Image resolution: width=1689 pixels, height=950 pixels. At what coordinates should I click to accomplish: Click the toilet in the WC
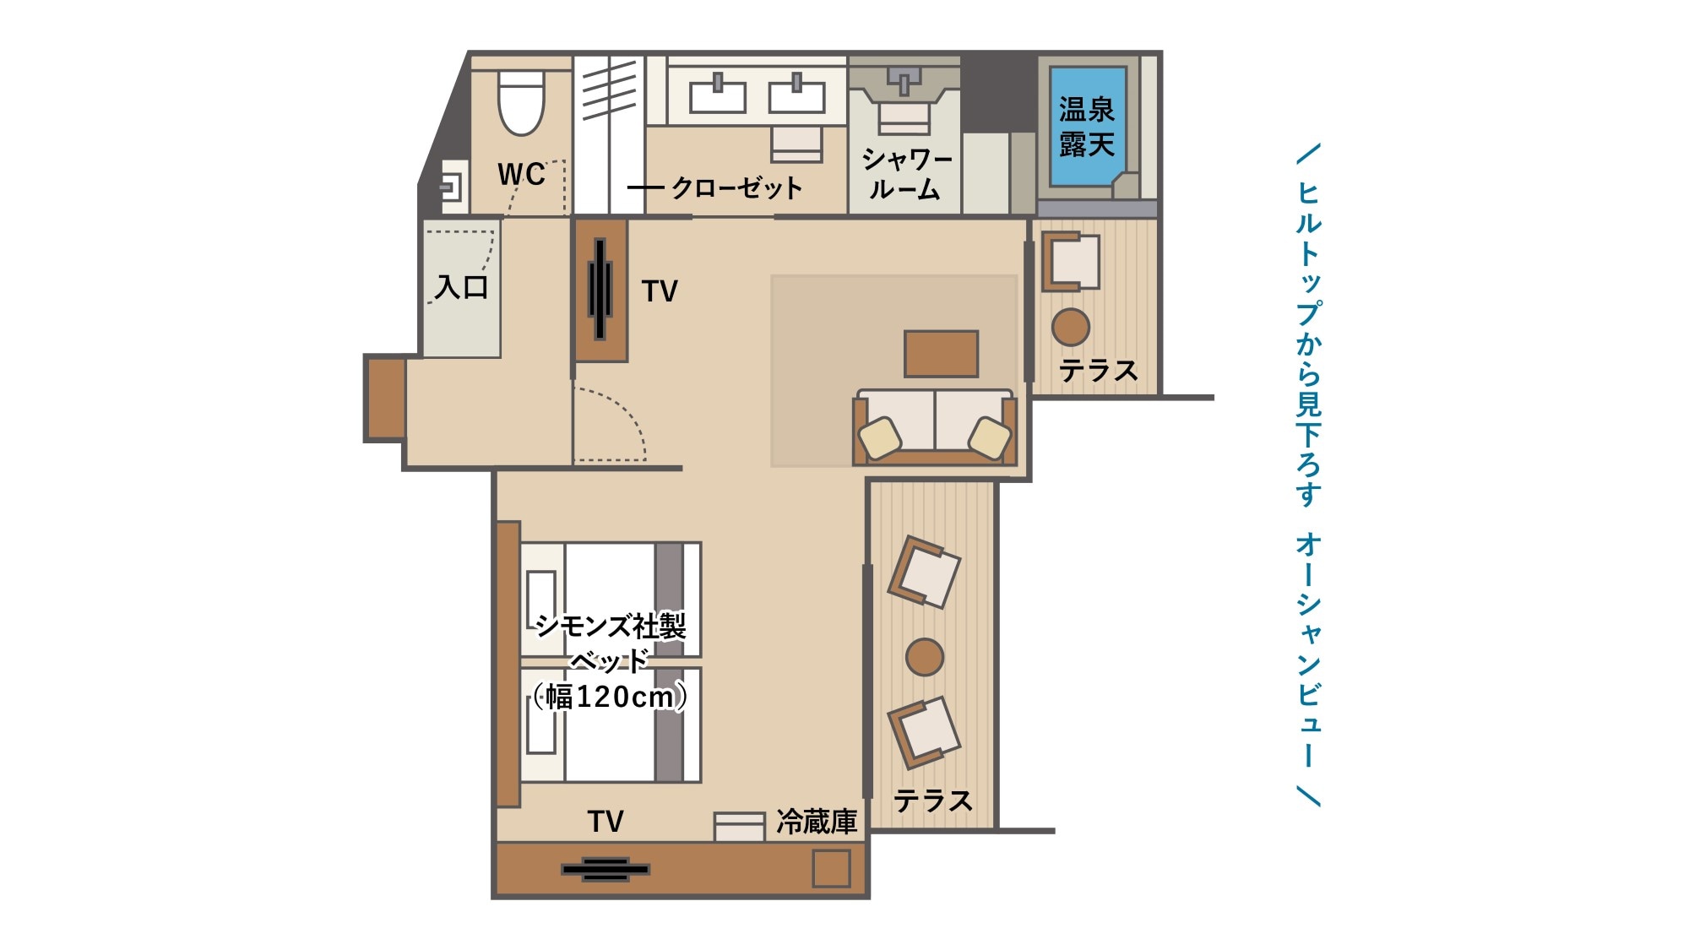[x=521, y=102]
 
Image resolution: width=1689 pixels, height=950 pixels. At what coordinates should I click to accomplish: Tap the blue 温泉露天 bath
[x=1088, y=126]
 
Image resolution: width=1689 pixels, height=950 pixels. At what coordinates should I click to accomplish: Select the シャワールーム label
[x=907, y=174]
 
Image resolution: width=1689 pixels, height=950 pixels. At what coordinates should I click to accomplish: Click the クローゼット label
[x=736, y=187]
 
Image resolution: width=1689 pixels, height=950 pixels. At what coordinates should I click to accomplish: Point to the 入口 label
[x=462, y=287]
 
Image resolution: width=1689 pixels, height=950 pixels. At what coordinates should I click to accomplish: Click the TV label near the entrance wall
[x=660, y=291]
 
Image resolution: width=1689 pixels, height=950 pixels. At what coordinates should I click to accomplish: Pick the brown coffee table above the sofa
[x=941, y=353]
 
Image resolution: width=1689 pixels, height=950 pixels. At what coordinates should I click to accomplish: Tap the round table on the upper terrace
[x=1071, y=327]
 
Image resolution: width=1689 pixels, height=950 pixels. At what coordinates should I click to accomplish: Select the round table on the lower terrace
[x=925, y=657]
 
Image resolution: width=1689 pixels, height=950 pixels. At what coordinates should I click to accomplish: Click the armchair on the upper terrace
[x=1071, y=262]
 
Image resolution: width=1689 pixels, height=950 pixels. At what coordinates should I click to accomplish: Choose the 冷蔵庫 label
[x=817, y=821]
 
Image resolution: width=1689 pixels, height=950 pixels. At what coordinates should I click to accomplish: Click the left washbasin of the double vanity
[x=718, y=95]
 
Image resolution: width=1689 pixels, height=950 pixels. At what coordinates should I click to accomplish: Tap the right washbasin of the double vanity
[x=796, y=95]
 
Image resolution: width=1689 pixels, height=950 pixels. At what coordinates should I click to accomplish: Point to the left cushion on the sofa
[x=880, y=437]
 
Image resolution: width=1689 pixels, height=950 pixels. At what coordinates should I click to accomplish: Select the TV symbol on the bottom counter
[x=606, y=869]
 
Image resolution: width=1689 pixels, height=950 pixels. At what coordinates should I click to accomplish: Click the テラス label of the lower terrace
[x=932, y=800]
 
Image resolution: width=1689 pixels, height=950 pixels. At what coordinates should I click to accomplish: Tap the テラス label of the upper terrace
[x=1098, y=370]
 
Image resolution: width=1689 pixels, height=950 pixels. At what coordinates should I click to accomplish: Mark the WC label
[x=521, y=174]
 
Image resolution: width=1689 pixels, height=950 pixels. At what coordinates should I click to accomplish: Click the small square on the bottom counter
[x=831, y=868]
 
